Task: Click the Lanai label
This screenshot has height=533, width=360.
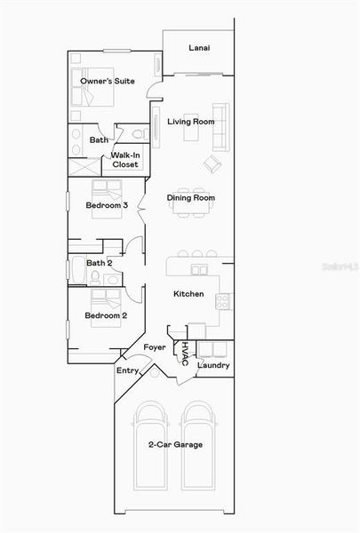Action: [x=199, y=48]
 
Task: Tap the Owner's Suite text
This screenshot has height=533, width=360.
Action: [x=108, y=81]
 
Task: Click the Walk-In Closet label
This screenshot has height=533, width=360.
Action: [x=124, y=160]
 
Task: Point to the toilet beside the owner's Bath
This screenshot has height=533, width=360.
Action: [x=138, y=134]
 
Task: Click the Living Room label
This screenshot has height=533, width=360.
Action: [x=191, y=122]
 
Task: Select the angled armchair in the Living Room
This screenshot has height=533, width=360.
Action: [x=212, y=163]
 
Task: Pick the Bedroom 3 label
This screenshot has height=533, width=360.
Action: [x=107, y=205]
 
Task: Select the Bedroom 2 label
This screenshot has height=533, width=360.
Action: [x=106, y=315]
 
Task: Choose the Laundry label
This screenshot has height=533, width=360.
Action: [x=213, y=365]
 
